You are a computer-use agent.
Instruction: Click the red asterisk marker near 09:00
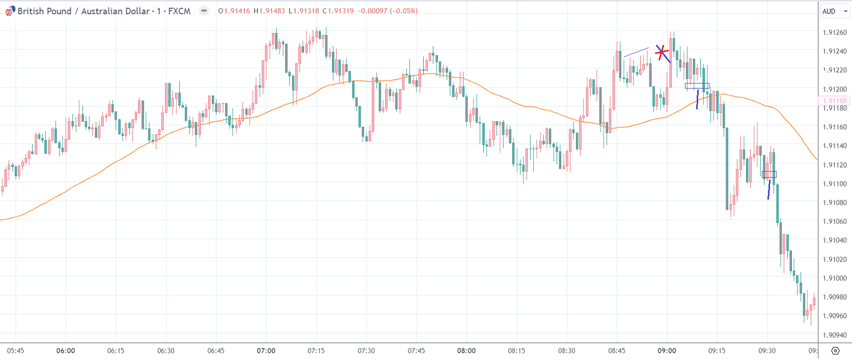[662, 52]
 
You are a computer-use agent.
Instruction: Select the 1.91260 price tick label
[835, 33]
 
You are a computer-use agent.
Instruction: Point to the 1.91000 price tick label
[835, 279]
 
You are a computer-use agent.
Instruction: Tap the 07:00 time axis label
[266, 351]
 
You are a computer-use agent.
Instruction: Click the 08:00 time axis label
[466, 351]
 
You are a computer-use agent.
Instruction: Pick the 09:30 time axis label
[767, 351]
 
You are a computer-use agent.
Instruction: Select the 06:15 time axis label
[116, 351]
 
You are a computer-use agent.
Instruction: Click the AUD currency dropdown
[834, 11]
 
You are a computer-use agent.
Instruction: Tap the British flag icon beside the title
[10, 11]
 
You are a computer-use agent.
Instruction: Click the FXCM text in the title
[179, 11]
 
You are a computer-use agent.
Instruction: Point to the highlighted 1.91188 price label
[835, 101]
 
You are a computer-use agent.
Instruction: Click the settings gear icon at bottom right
[835, 351]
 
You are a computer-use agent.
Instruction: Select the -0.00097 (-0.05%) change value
[388, 11]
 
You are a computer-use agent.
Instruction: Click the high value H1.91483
[269, 11]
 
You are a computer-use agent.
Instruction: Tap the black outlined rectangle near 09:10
[697, 86]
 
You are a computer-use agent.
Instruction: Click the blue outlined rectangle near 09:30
[769, 174]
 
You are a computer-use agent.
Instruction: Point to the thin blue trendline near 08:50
[636, 52]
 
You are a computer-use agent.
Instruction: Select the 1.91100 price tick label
[835, 184]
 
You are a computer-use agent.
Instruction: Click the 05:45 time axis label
[15, 351]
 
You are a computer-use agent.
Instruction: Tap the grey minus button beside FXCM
[204, 11]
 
